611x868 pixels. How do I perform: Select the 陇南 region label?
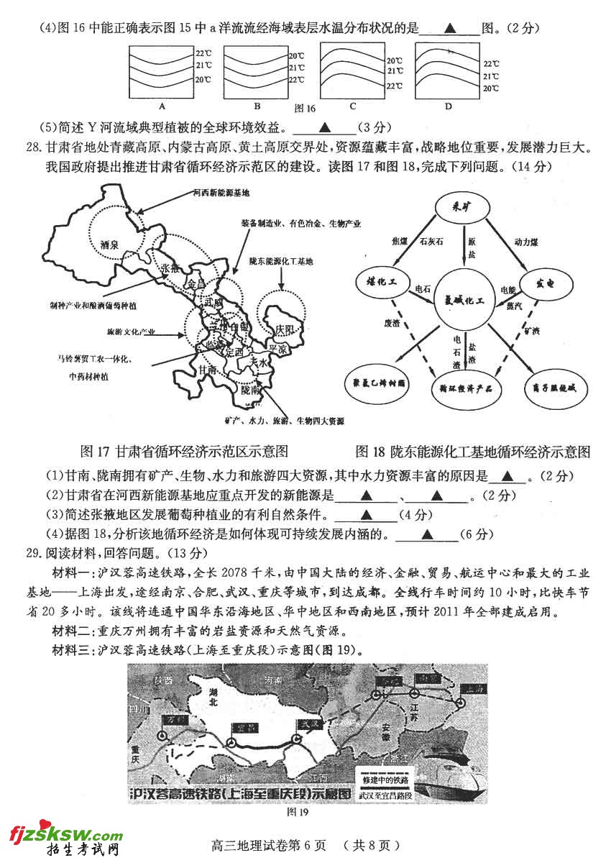coord(252,390)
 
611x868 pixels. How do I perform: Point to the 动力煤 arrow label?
coord(527,241)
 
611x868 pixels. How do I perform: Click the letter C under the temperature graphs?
coord(353,106)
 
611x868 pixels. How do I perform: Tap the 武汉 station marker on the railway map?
coord(296,740)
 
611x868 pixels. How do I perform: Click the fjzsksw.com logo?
coord(66,835)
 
